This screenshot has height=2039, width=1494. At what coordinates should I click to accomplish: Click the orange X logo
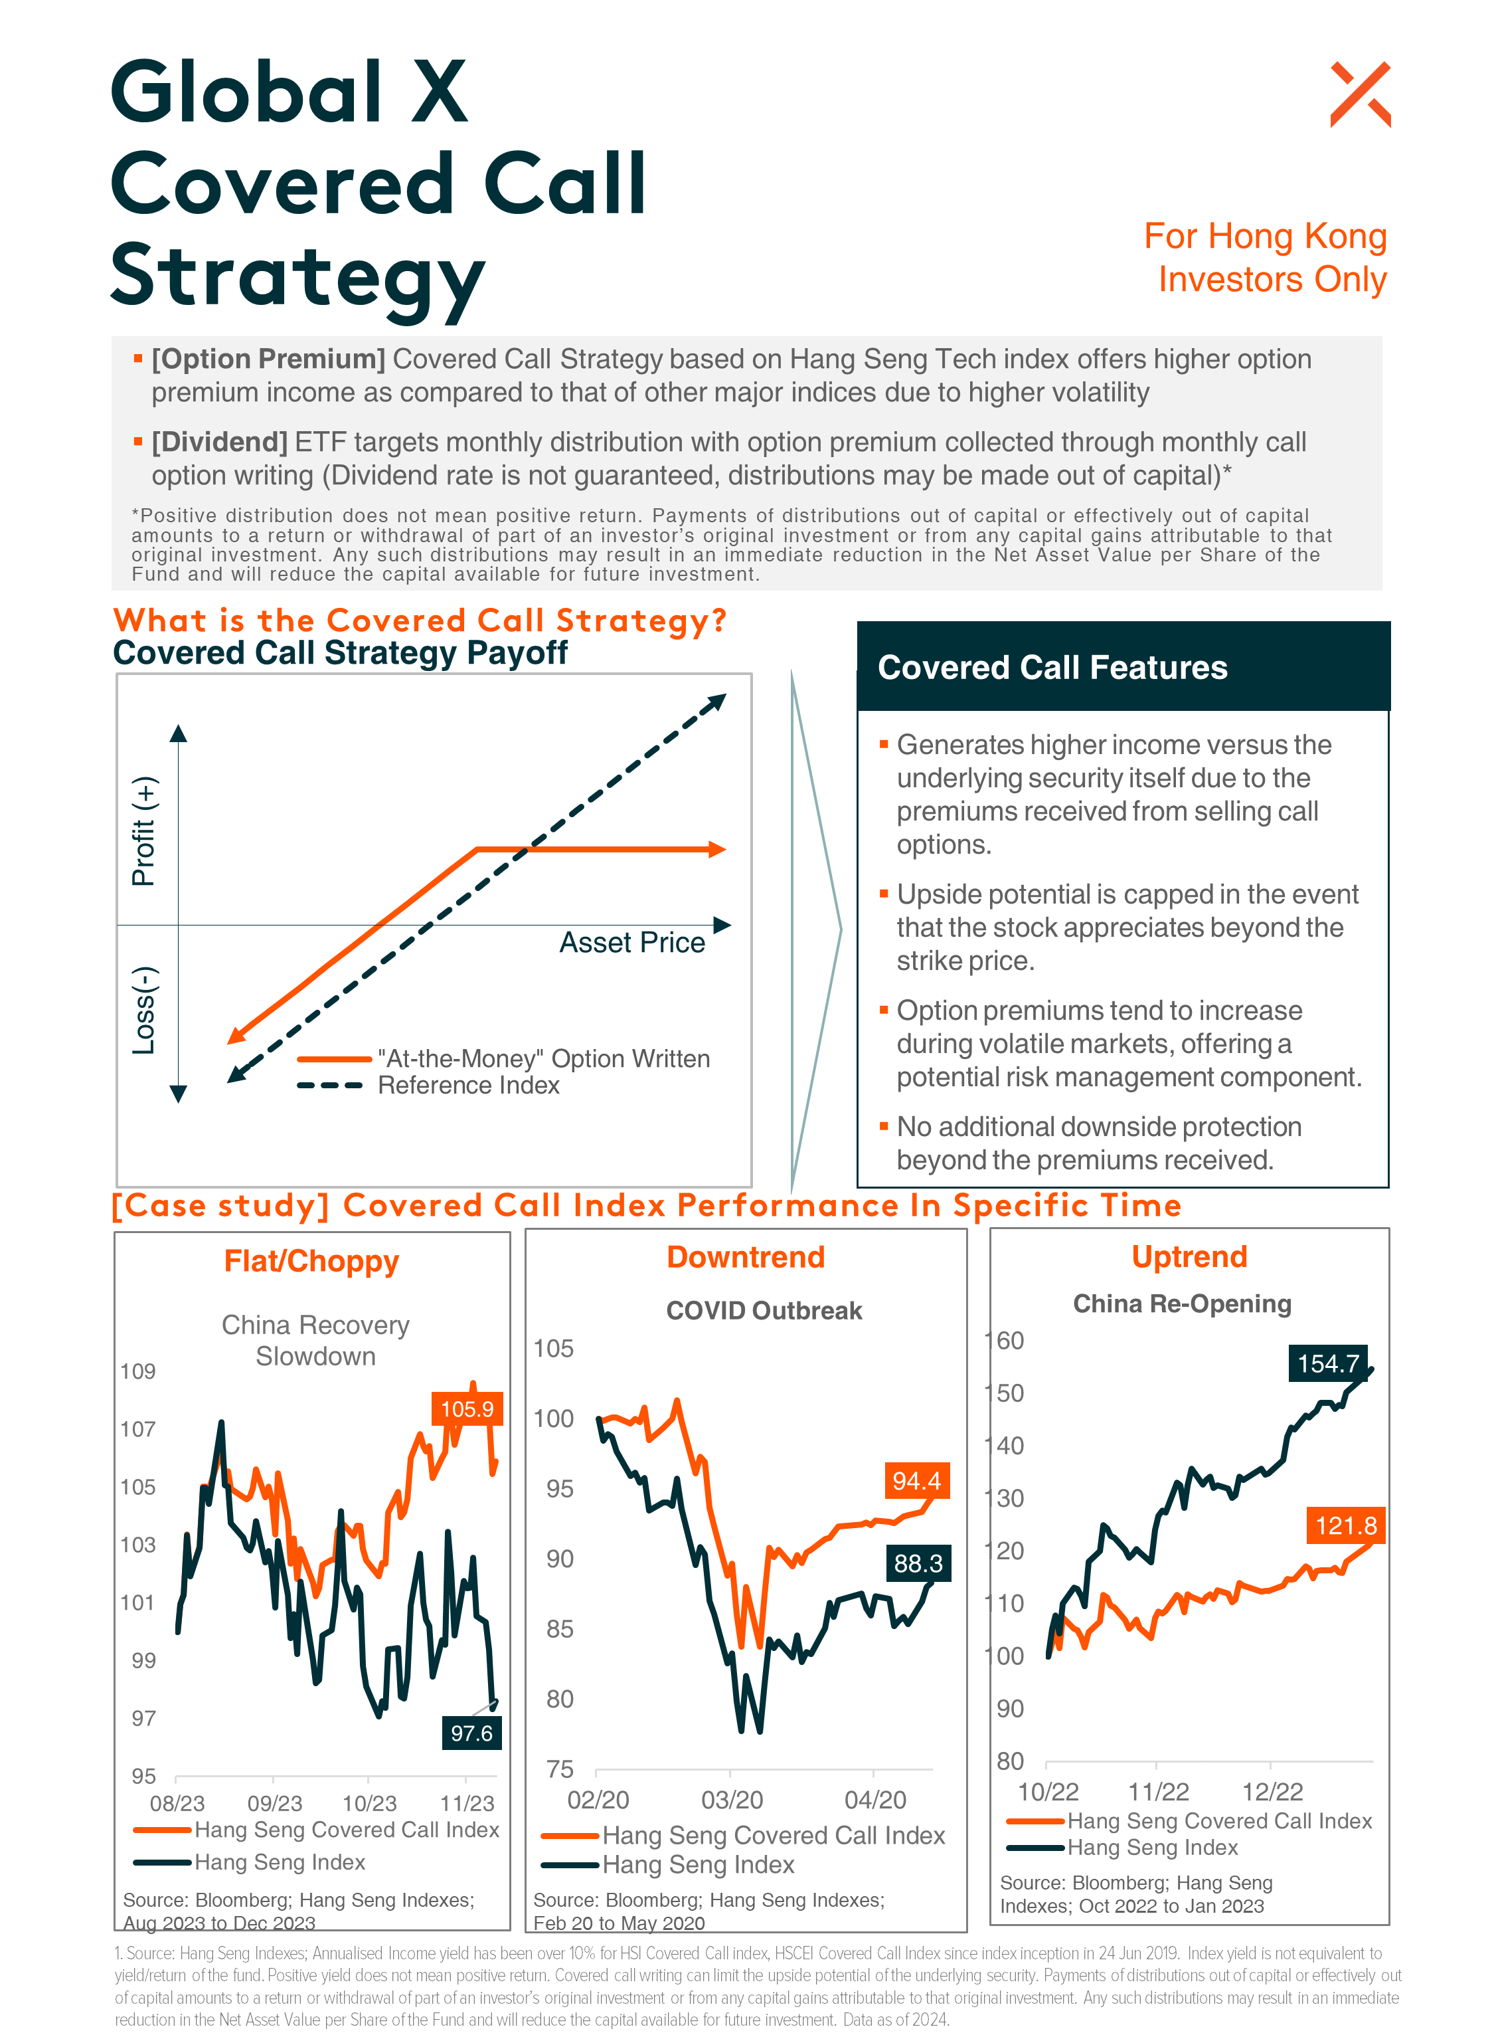[1359, 94]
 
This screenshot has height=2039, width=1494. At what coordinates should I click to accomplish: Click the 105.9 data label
[467, 1408]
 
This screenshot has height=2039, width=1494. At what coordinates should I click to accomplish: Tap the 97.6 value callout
[471, 1732]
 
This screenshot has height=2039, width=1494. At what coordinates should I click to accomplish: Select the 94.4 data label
[916, 1480]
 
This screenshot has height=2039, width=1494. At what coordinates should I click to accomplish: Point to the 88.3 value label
[918, 1562]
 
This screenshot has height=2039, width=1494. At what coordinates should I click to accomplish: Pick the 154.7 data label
[1327, 1363]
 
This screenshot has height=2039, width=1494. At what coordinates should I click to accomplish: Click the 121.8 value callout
[1346, 1525]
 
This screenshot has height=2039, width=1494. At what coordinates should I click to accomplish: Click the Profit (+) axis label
[144, 830]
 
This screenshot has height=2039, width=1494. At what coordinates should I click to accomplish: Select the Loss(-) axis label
[145, 1010]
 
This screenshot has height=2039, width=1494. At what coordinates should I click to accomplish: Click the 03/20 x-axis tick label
[732, 1799]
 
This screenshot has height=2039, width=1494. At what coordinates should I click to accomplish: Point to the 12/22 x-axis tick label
[1272, 1791]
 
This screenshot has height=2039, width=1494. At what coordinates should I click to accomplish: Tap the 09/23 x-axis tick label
[275, 1803]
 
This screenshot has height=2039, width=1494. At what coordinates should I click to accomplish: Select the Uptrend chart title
[1189, 1256]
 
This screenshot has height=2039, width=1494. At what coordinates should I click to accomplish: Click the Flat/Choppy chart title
[311, 1261]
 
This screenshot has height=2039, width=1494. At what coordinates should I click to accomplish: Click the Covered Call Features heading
[1052, 666]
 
